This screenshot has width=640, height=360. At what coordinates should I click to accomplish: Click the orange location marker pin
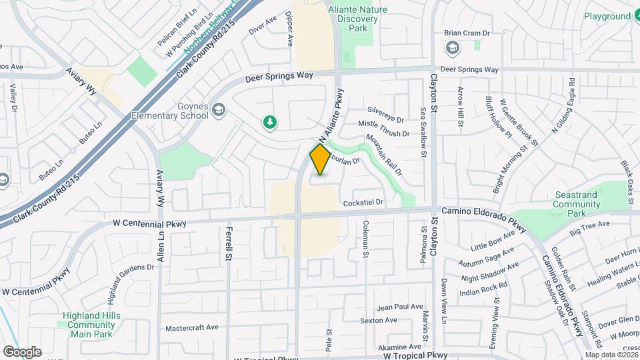point(320,159)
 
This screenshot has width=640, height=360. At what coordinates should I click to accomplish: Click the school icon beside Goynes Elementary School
point(218,110)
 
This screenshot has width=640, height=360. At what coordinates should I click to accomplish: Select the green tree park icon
point(270,122)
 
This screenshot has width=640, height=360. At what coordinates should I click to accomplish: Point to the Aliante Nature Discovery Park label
point(357,19)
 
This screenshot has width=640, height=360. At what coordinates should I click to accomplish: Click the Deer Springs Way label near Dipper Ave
point(279,77)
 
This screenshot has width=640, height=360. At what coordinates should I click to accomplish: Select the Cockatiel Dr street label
point(363,202)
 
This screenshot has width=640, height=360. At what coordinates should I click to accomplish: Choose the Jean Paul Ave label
point(400,307)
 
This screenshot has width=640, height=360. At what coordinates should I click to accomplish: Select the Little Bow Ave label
point(493,241)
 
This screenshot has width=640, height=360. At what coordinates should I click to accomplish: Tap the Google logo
point(21,351)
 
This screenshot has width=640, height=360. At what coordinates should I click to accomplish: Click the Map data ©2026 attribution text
point(611,355)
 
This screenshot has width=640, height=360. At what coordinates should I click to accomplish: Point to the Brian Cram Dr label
point(467,33)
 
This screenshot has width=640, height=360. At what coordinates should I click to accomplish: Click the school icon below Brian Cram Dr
point(453,48)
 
